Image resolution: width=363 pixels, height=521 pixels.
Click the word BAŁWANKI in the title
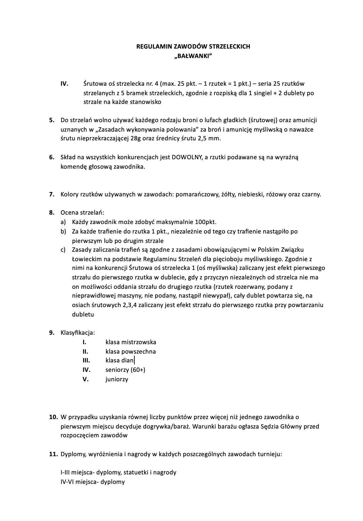point(193,56)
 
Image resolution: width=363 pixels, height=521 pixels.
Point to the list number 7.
point(52,194)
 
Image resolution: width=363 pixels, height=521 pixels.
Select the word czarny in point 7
point(311,194)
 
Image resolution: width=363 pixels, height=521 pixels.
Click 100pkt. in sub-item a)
point(205,222)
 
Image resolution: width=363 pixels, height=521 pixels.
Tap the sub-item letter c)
point(63,250)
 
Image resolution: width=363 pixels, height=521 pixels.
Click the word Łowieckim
point(87,259)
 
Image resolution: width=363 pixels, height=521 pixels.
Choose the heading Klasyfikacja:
point(77,333)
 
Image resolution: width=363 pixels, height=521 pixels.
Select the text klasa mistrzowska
point(131,342)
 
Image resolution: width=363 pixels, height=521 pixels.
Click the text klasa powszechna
point(131,352)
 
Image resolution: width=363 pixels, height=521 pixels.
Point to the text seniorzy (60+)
point(125,370)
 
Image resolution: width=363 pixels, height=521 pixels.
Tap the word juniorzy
point(117,379)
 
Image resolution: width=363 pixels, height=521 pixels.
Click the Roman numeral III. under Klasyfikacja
point(86,360)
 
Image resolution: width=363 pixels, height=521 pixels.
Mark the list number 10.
point(53,417)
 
